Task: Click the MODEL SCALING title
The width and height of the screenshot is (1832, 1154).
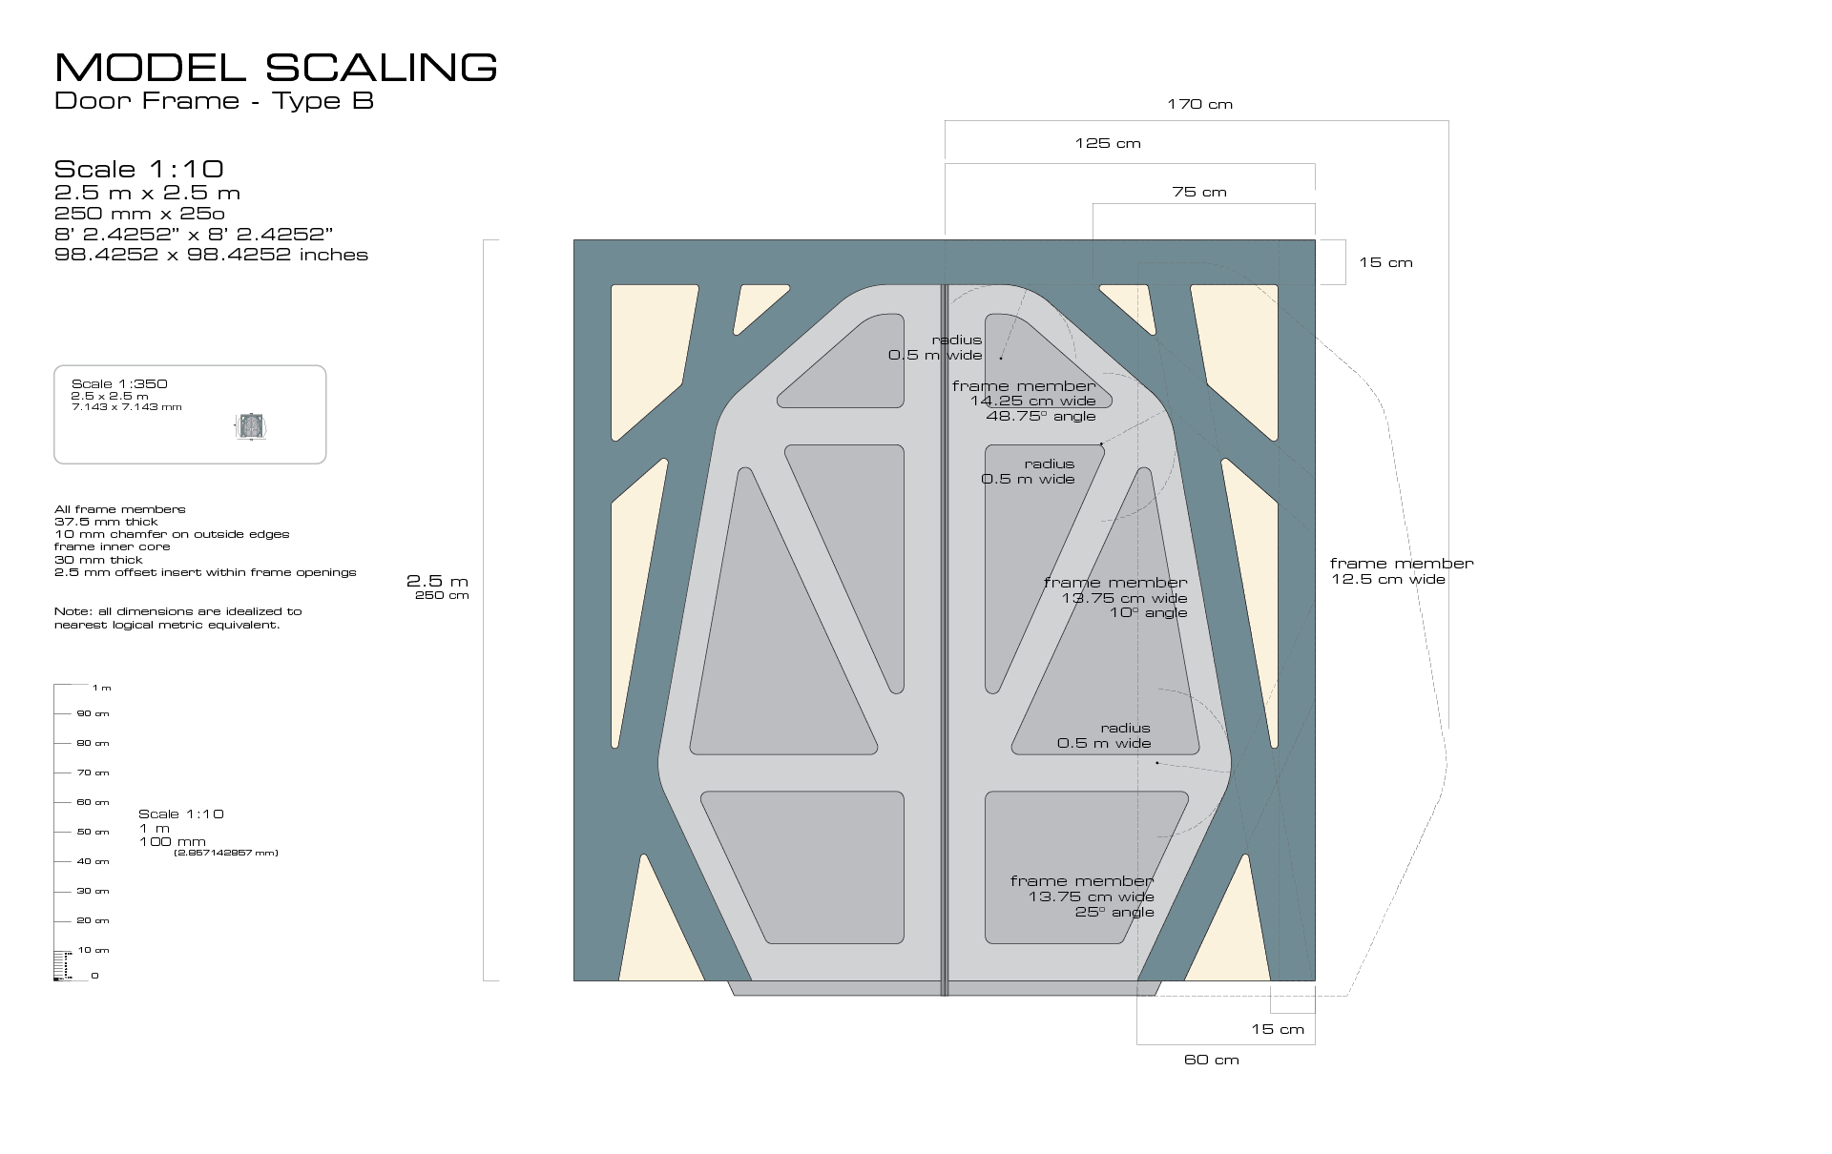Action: point(276,68)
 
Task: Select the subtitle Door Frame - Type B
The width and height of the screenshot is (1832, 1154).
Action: point(214,101)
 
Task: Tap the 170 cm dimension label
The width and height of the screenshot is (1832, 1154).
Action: point(1199,104)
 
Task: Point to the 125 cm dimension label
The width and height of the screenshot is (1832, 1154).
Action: point(1107,143)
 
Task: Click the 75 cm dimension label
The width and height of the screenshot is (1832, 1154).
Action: point(1198,192)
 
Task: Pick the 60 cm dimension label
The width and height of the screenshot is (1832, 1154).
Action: point(1211,1060)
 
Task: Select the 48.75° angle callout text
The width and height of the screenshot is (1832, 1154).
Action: point(1040,416)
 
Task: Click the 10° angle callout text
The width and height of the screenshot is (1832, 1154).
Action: point(1148,612)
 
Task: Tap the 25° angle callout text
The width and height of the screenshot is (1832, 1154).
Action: point(1114,912)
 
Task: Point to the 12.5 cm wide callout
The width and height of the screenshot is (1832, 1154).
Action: point(1388,579)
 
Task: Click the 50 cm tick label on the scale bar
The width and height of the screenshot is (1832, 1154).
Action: point(93,832)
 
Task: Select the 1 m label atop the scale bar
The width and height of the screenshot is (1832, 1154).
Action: point(101,688)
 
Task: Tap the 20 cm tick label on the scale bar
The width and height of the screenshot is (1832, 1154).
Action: point(93,920)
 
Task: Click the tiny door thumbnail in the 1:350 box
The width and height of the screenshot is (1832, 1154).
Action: point(251,425)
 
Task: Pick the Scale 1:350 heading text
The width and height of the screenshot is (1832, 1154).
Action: point(119,383)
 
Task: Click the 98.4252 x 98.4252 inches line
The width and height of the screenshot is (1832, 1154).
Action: point(211,255)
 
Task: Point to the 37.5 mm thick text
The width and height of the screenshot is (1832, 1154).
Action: point(106,522)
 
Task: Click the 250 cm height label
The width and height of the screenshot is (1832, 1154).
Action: point(442,595)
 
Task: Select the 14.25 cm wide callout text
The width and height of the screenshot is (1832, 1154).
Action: point(1032,401)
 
